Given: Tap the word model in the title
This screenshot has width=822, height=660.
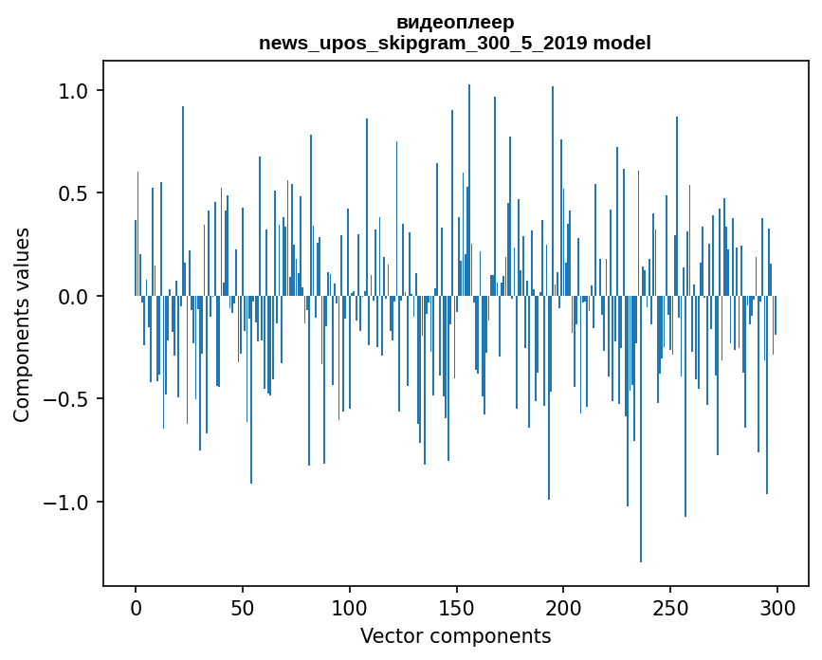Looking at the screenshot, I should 622,44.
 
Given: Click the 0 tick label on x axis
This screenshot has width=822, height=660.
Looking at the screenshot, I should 136,606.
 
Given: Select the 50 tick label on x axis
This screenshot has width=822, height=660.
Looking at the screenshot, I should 243,606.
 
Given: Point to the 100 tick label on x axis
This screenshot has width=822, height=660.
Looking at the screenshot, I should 350,606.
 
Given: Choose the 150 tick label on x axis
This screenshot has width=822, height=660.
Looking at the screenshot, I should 457,606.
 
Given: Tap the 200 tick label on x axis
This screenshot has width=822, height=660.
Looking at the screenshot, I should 564,606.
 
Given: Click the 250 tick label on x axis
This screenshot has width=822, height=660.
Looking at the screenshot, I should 671,606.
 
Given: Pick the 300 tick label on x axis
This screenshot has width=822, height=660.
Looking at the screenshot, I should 778,606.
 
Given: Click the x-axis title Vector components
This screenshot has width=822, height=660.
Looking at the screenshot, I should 455,635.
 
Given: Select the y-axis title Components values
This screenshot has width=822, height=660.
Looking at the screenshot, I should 23,324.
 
